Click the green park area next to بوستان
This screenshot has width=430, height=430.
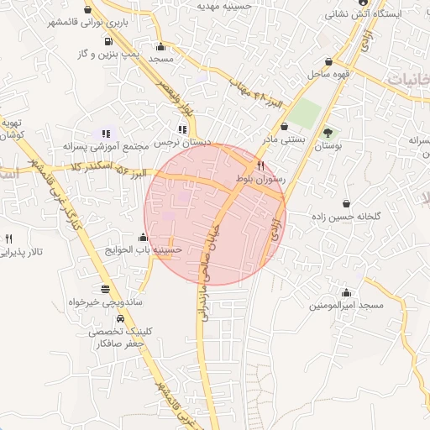(308, 114)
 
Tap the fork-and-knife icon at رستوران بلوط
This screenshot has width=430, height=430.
(261, 165)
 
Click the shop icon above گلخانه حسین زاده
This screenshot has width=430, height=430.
(347, 202)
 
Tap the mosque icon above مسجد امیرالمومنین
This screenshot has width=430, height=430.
(346, 291)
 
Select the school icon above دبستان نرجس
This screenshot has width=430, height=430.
(181, 129)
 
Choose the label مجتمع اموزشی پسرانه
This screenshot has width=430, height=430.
(105, 145)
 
